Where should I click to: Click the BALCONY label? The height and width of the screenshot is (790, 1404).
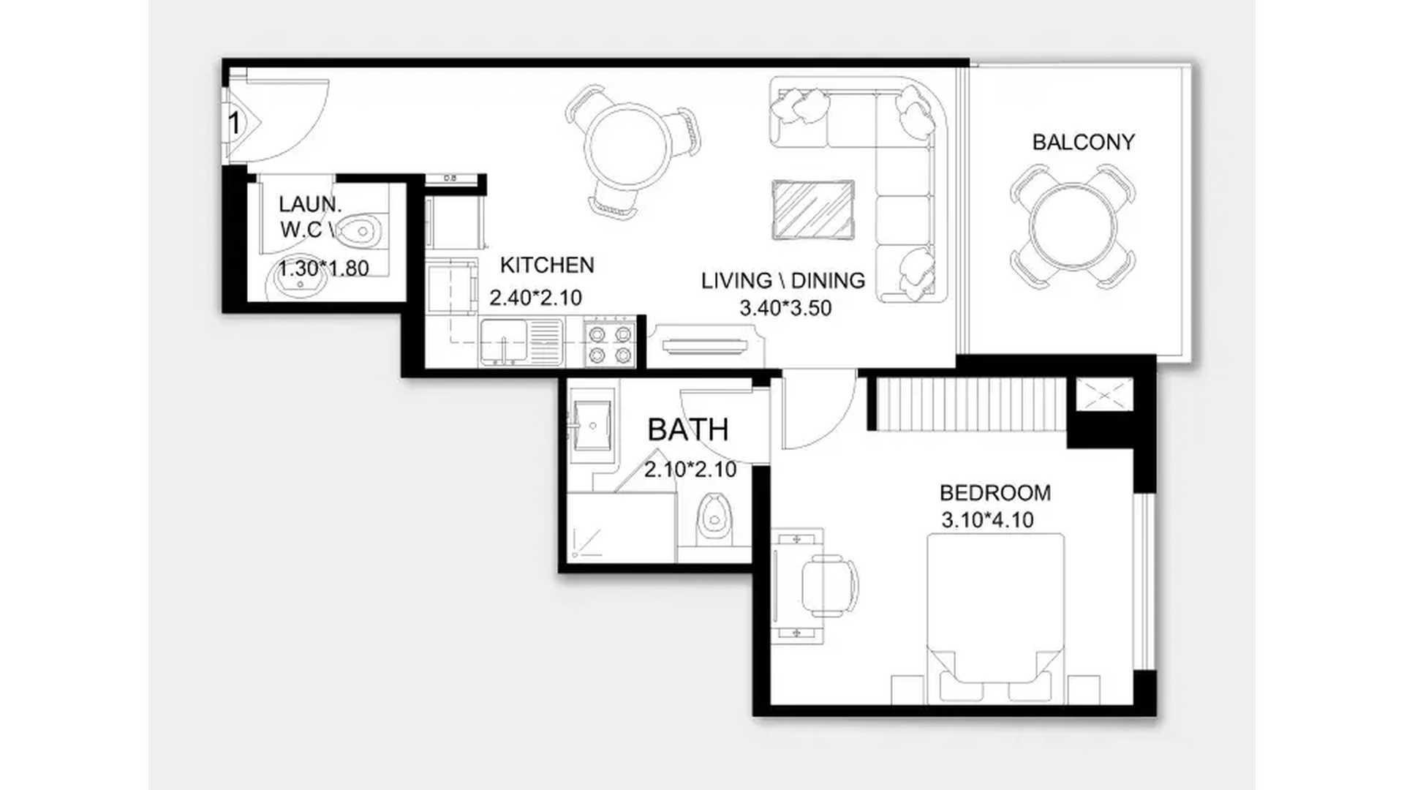[1083, 142]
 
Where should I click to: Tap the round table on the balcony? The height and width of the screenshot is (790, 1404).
[1073, 225]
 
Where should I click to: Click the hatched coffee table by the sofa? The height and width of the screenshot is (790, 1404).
[813, 209]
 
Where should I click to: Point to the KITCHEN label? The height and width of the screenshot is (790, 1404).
[547, 265]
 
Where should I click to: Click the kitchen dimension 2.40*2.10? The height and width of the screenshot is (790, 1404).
[536, 298]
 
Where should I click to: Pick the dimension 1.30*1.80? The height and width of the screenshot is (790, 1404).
[324, 268]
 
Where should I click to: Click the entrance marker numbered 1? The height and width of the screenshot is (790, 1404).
[234, 123]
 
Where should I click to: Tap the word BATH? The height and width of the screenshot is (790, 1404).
[688, 430]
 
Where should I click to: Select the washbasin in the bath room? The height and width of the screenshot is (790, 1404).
[592, 426]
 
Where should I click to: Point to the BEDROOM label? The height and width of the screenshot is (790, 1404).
[995, 493]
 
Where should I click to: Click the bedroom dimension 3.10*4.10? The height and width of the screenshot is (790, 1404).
[987, 520]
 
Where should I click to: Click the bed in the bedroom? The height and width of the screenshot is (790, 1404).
[995, 618]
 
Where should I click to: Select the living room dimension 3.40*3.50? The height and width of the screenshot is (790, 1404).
[785, 308]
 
